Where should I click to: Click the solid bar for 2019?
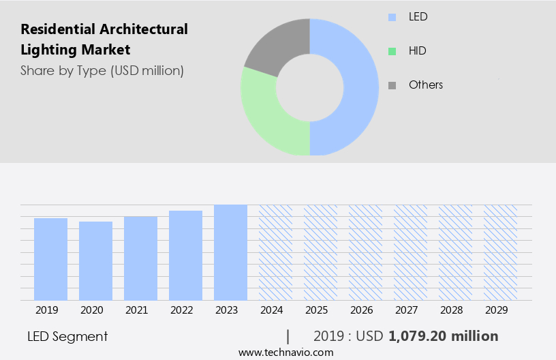click(51, 259)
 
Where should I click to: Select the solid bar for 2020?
click(96, 260)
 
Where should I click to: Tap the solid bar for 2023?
click(230, 252)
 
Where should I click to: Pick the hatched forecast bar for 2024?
click(275, 252)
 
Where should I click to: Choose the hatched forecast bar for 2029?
click(500, 252)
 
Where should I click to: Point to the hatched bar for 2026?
click(365, 252)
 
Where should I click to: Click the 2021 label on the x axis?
click(136, 310)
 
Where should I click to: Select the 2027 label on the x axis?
click(406, 310)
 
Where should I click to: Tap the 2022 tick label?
click(181, 310)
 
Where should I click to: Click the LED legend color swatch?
click(392, 17)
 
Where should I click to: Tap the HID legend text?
click(418, 50)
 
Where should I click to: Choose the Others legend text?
click(426, 85)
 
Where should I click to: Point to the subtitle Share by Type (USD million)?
click(102, 70)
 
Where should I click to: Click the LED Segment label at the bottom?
click(67, 336)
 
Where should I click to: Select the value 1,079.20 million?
click(444, 336)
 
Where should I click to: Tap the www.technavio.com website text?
click(286, 352)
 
